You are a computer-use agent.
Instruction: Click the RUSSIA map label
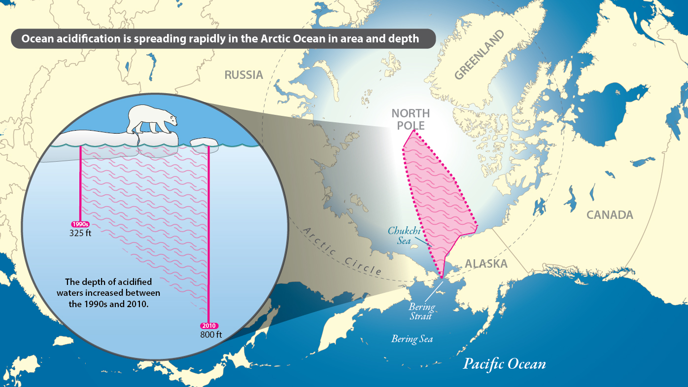(x=244, y=75)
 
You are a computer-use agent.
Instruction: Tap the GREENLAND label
(x=480, y=55)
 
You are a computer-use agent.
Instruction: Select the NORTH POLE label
(x=411, y=119)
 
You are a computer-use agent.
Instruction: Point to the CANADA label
(x=610, y=215)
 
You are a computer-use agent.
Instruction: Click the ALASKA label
(x=486, y=264)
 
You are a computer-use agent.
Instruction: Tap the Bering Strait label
(x=422, y=311)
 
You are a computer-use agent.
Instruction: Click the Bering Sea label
(x=412, y=339)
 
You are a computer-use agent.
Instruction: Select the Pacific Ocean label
(x=504, y=364)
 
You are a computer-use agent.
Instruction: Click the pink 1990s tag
(x=80, y=225)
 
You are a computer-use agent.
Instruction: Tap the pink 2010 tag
(x=209, y=326)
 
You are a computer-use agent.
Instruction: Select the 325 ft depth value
(x=80, y=233)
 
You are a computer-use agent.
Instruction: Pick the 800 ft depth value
(x=211, y=335)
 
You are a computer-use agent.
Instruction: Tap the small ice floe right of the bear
(x=204, y=142)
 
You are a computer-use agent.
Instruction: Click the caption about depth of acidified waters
(x=108, y=293)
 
